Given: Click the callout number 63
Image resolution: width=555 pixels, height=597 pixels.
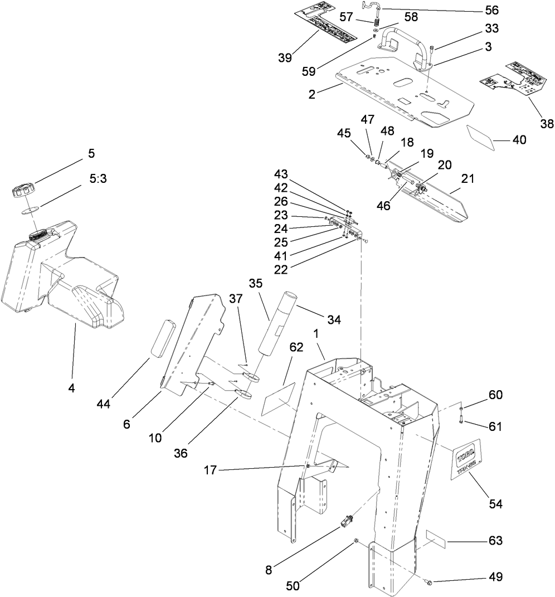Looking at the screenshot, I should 495,541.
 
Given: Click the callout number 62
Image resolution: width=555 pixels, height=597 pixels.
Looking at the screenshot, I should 296,347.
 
